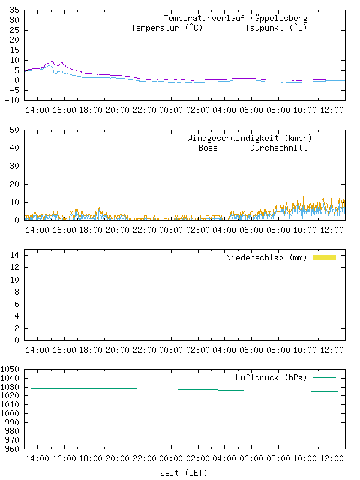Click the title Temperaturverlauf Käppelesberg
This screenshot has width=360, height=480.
coord(235,19)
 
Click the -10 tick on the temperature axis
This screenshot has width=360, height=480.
coord(12,100)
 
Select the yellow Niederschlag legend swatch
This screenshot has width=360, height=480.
coord(324,257)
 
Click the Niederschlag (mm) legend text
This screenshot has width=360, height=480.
coord(266,258)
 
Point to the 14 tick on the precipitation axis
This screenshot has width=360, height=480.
coord(14,256)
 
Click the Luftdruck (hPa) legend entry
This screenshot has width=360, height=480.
coord(271,378)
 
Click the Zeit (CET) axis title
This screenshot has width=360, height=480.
coord(184,473)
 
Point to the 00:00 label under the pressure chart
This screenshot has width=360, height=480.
coord(170,459)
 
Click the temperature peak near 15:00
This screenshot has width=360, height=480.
coord(52,62)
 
